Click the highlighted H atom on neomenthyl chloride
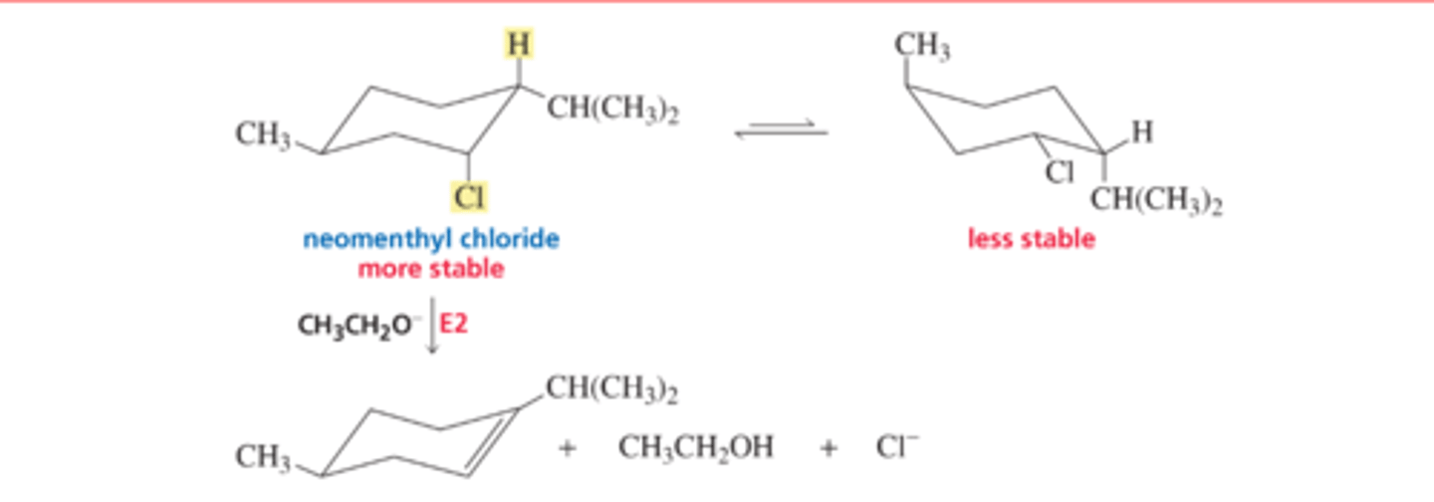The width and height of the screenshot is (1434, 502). click(x=516, y=45)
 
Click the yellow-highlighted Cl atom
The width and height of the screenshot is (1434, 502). click(x=468, y=196)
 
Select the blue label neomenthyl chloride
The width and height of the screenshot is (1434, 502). click(x=431, y=239)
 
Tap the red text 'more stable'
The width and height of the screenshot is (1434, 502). click(x=431, y=269)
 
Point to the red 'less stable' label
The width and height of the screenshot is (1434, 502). click(x=1031, y=239)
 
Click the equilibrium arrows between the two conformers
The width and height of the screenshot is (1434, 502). click(x=781, y=130)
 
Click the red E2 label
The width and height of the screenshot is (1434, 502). click(x=453, y=325)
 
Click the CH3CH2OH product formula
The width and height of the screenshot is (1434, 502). click(x=695, y=448)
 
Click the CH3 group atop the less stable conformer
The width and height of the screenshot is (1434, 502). click(x=921, y=46)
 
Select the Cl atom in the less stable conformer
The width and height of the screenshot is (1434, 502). click(x=1060, y=172)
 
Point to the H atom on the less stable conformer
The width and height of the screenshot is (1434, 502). click(x=1142, y=132)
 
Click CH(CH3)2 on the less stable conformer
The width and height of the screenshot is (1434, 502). click(x=1156, y=202)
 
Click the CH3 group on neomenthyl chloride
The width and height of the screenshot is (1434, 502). click(x=261, y=134)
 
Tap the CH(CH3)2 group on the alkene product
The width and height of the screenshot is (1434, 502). click(x=612, y=388)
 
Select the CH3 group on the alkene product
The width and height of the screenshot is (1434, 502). click(x=261, y=456)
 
